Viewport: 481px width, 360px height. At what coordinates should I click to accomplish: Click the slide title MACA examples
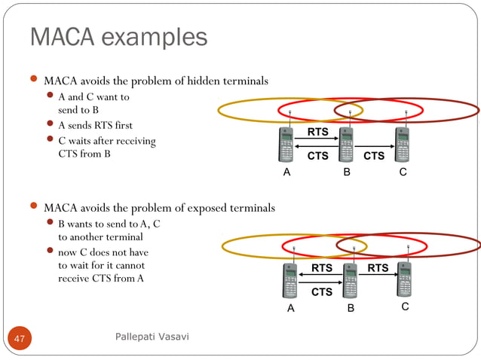pyautogui.click(x=118, y=36)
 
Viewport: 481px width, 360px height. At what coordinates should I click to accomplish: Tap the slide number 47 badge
pyautogui.click(x=20, y=338)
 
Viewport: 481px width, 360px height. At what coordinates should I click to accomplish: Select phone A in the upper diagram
pyautogui.click(x=286, y=144)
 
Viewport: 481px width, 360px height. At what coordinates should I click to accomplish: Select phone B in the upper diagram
pyautogui.click(x=346, y=144)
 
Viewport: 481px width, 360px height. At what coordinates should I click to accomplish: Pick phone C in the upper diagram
pyautogui.click(x=403, y=144)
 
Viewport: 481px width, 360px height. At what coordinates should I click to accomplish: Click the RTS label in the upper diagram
pyautogui.click(x=317, y=133)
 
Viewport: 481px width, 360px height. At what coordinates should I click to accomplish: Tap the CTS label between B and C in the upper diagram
pyautogui.click(x=374, y=157)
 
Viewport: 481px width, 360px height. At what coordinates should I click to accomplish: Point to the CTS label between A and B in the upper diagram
pyautogui.click(x=317, y=157)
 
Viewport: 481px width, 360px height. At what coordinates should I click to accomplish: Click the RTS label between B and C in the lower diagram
pyautogui.click(x=378, y=268)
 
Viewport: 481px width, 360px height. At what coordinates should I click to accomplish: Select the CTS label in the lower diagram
pyautogui.click(x=322, y=292)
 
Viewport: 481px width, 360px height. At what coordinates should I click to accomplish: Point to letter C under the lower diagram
pyautogui.click(x=405, y=307)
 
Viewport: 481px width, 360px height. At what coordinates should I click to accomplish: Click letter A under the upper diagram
pyautogui.click(x=286, y=172)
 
